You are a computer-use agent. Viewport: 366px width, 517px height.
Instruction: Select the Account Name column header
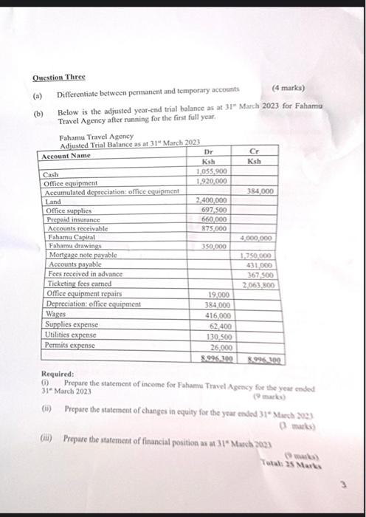pos(66,157)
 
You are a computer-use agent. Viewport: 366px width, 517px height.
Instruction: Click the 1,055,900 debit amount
pos(210,171)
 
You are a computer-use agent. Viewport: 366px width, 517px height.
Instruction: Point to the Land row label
pos(54,201)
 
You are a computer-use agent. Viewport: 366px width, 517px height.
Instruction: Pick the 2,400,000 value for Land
pos(213,200)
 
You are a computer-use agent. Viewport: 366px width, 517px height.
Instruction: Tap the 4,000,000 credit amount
pos(256,239)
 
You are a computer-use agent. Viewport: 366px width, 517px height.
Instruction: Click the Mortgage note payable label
pos(80,255)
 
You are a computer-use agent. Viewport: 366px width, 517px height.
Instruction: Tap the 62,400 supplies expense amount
pos(221,324)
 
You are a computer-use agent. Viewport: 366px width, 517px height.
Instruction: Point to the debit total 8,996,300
pos(217,359)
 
